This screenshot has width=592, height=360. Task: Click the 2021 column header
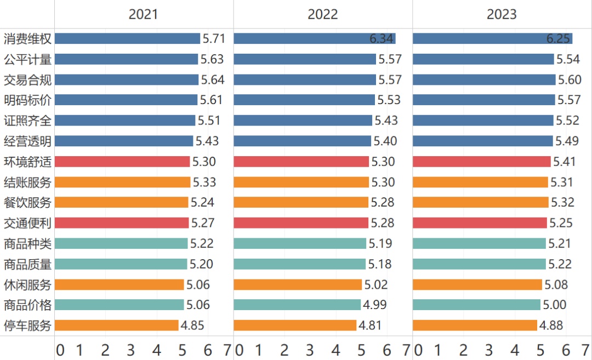click(143, 14)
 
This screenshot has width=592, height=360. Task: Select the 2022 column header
click(322, 14)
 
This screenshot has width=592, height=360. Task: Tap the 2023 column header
click(502, 14)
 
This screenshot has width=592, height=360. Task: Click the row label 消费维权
click(27, 39)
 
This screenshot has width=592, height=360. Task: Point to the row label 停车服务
click(27, 325)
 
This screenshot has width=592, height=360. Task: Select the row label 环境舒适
click(27, 162)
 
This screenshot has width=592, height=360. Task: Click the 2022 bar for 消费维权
click(314, 38)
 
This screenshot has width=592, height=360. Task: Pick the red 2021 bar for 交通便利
click(122, 223)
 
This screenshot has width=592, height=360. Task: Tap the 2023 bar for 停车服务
click(475, 325)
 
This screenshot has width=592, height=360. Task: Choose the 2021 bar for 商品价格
click(119, 305)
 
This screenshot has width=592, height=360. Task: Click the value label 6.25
click(559, 39)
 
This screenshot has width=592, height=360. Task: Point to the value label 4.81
click(370, 325)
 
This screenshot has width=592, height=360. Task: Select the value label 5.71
click(213, 39)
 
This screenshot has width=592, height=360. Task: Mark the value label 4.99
click(374, 305)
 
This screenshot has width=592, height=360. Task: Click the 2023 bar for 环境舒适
click(481, 162)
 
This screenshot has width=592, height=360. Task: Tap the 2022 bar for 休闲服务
click(298, 284)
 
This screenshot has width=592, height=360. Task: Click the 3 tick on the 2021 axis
click(131, 350)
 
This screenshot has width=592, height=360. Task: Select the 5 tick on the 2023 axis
click(540, 350)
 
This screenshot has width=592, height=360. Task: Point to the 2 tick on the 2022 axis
click(284, 350)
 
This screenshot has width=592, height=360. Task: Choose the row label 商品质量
click(27, 264)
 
